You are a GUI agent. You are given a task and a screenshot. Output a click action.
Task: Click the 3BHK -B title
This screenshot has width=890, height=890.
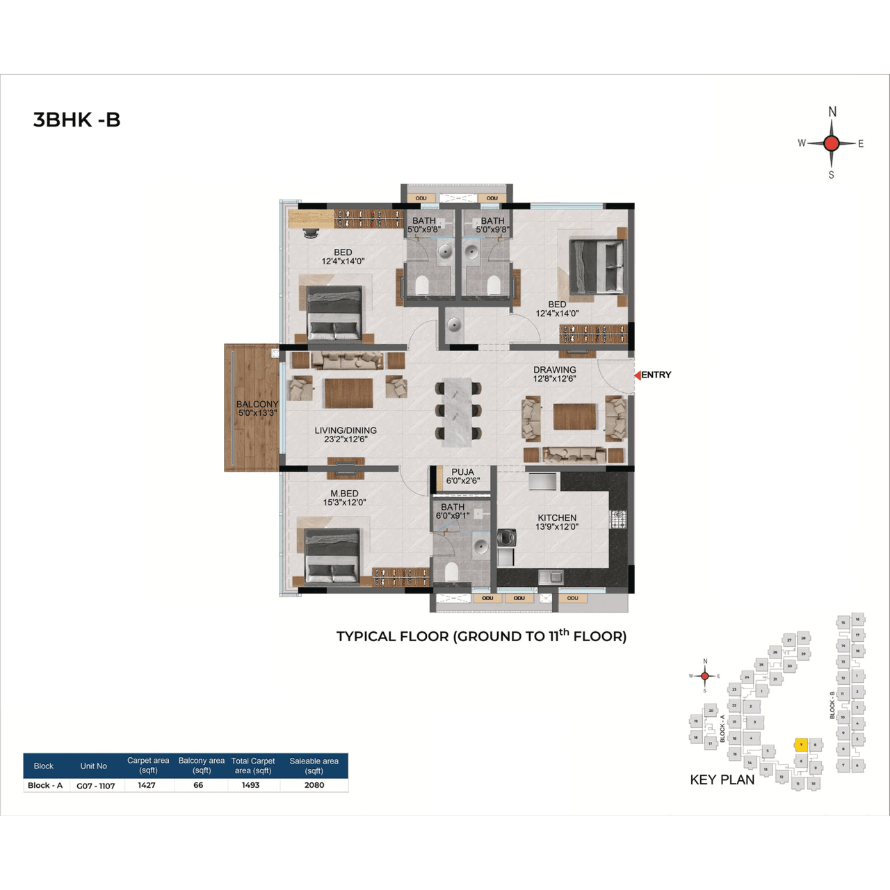(76, 120)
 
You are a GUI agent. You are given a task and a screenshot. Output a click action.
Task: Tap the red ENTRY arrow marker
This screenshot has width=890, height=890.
(637, 375)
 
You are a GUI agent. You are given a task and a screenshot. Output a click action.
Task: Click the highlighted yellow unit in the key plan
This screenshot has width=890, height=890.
(800, 745)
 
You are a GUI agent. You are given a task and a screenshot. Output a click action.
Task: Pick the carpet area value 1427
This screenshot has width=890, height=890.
(147, 785)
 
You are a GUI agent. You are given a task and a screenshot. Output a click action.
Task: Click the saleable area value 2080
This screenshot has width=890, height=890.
(314, 785)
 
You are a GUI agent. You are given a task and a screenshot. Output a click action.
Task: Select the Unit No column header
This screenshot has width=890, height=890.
(93, 766)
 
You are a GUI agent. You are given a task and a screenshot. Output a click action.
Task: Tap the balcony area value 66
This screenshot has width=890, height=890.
(198, 785)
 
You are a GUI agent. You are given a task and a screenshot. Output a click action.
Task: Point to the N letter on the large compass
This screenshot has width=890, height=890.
(832, 112)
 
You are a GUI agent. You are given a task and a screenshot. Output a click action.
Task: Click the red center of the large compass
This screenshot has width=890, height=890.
(831, 143)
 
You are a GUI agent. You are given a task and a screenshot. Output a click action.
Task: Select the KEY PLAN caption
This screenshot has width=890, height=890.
(722, 779)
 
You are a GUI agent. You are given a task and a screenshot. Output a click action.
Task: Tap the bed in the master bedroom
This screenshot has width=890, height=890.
(332, 555)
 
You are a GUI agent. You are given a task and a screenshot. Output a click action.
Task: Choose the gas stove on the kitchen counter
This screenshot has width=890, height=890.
(618, 517)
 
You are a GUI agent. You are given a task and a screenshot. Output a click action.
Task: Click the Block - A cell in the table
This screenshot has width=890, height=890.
(45, 785)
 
